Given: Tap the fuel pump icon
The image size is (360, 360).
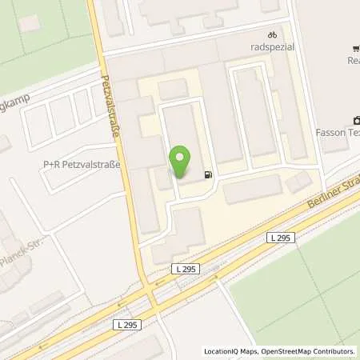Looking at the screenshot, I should click(x=209, y=175).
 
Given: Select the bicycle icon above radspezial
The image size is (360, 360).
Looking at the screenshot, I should click(x=273, y=35).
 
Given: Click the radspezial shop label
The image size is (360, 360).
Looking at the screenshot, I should click(x=273, y=47).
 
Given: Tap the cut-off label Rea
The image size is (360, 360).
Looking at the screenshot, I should click(x=353, y=60).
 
